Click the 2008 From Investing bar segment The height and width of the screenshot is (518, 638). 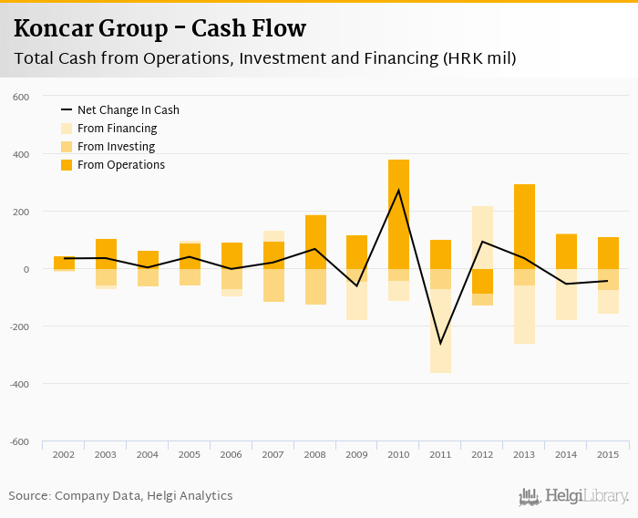tap(315, 286)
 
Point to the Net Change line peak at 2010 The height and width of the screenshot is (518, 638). tap(398, 190)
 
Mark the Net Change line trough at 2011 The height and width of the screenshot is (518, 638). tap(440, 344)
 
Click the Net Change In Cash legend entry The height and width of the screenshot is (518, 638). tap(128, 110)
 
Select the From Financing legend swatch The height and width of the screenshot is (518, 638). tap(67, 129)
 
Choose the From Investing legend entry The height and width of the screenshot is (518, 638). tap(116, 147)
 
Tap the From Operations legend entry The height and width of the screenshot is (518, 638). tap(120, 165)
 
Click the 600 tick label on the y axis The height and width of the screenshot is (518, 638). tap(22, 97)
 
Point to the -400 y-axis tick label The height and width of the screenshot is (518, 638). tap(20, 384)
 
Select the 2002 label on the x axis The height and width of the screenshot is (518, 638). tap(64, 454)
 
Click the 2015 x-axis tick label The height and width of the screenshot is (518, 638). tap(608, 454)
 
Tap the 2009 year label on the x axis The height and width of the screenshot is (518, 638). tap(356, 454)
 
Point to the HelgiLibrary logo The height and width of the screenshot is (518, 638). tap(574, 496)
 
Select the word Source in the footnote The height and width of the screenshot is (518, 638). tap(29, 496)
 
